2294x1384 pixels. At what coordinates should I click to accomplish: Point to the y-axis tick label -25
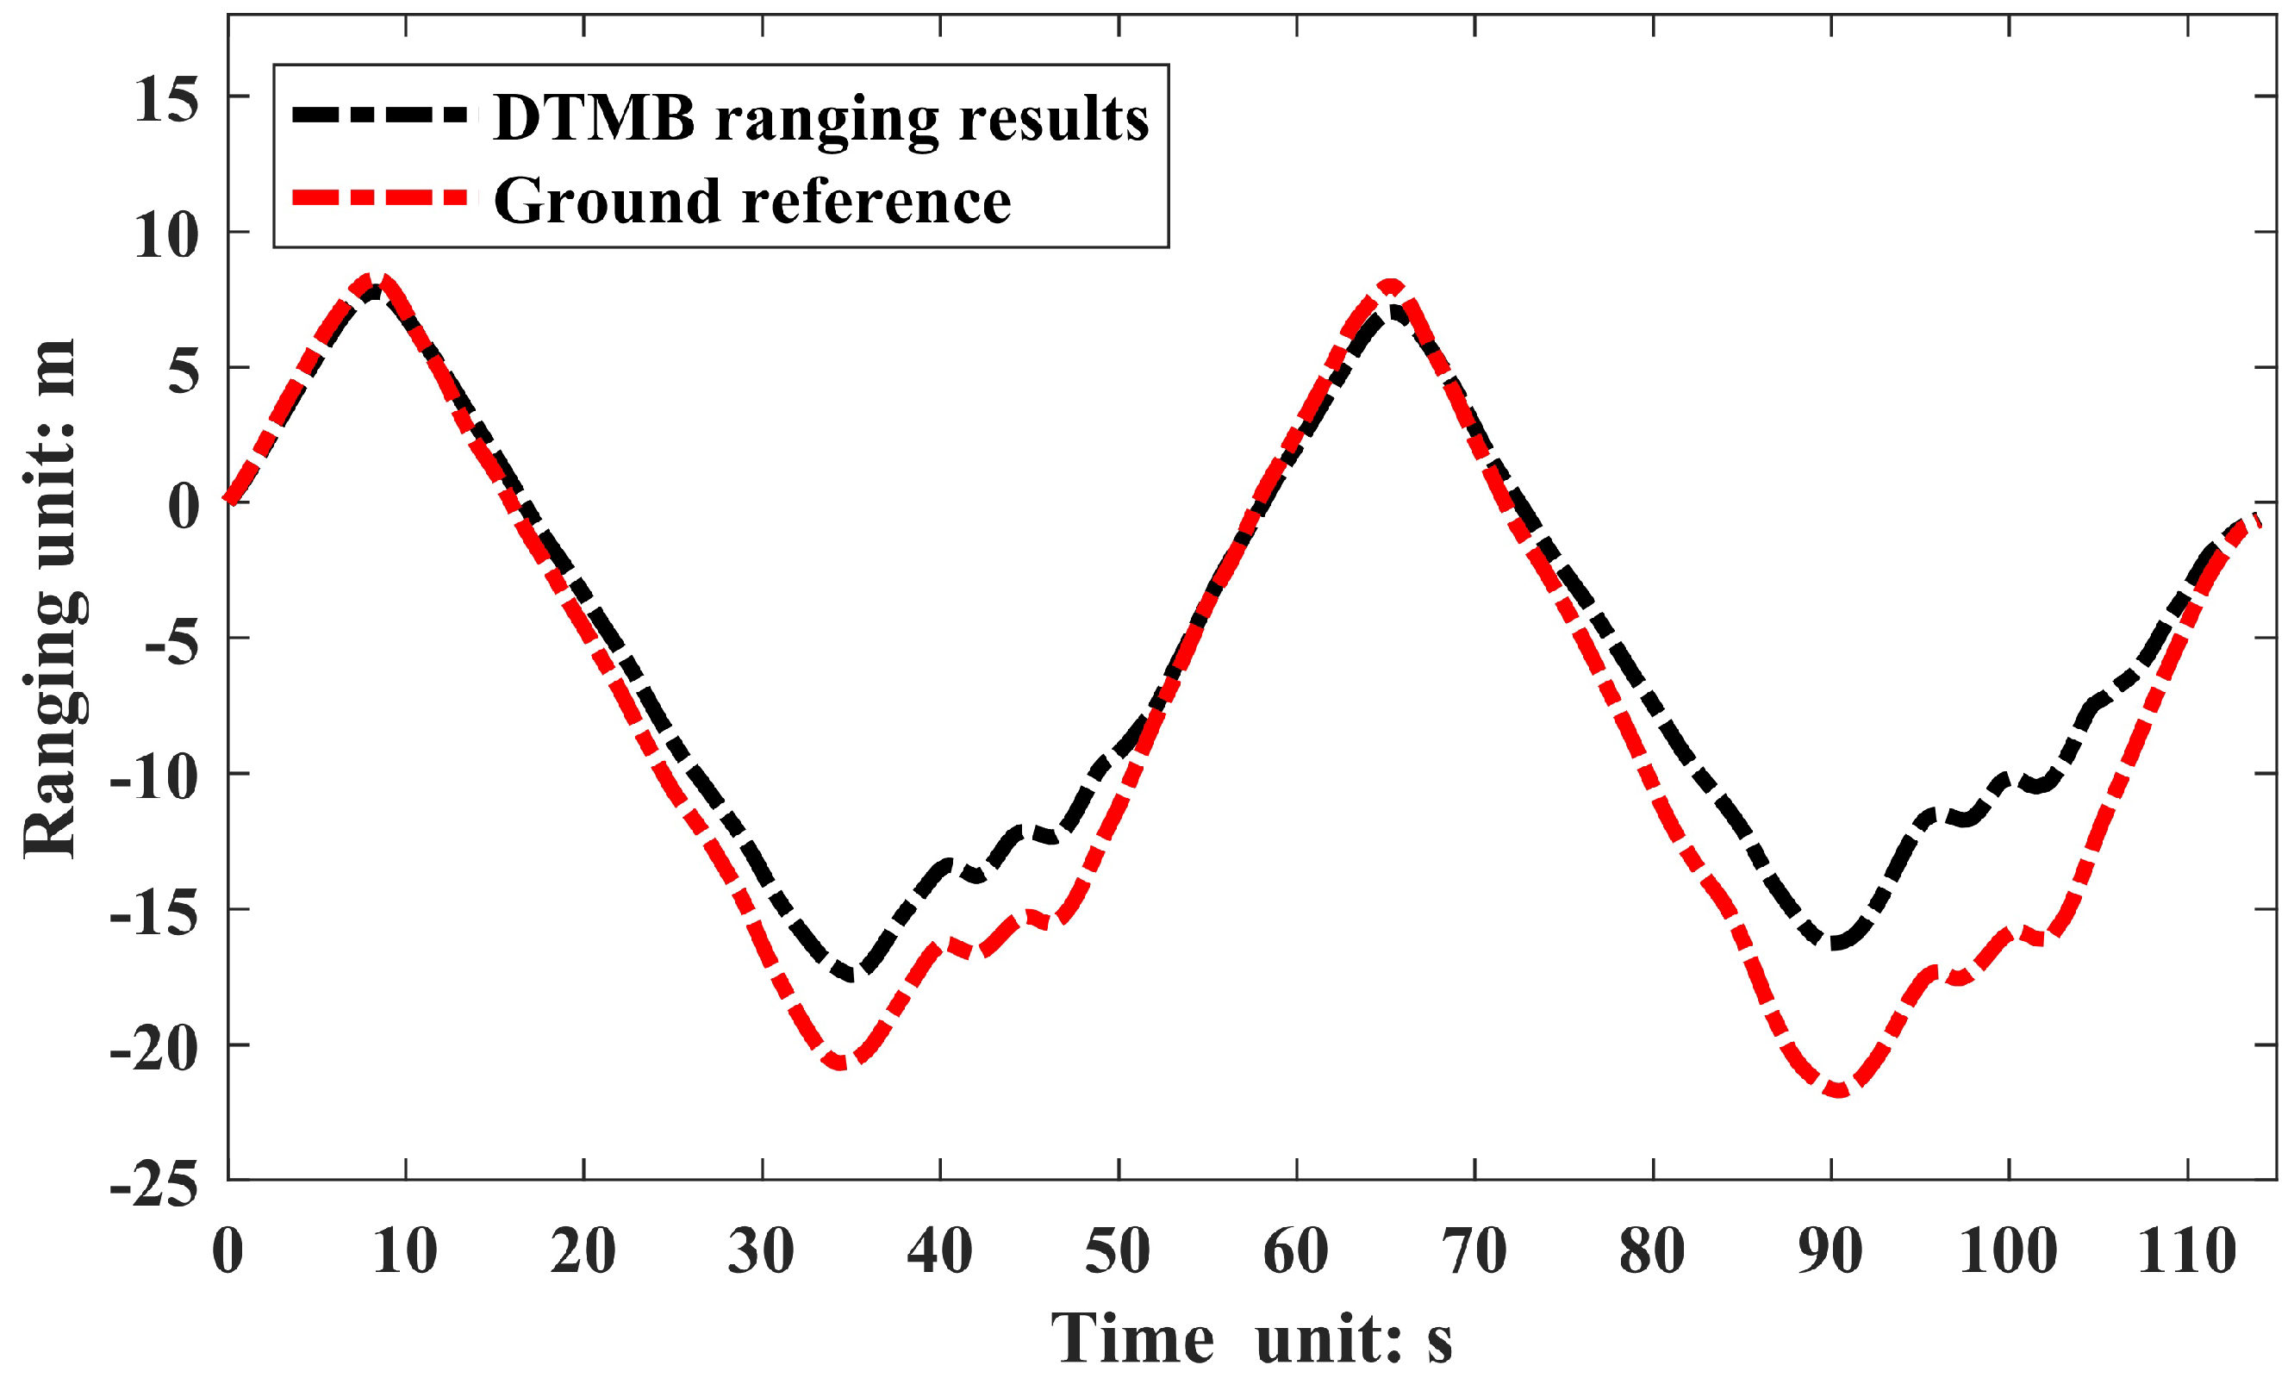153,1186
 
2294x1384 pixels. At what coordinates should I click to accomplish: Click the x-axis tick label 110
2186,1251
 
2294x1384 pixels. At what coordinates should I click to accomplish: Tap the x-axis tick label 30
761,1251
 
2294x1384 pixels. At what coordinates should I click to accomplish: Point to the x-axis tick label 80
1652,1251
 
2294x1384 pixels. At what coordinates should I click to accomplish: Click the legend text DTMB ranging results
821,118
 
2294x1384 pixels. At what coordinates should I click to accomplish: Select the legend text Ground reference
752,200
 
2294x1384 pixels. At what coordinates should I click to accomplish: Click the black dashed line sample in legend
380,115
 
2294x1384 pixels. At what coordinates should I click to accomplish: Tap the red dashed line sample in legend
380,197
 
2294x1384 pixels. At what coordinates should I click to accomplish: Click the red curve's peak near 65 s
1390,286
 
